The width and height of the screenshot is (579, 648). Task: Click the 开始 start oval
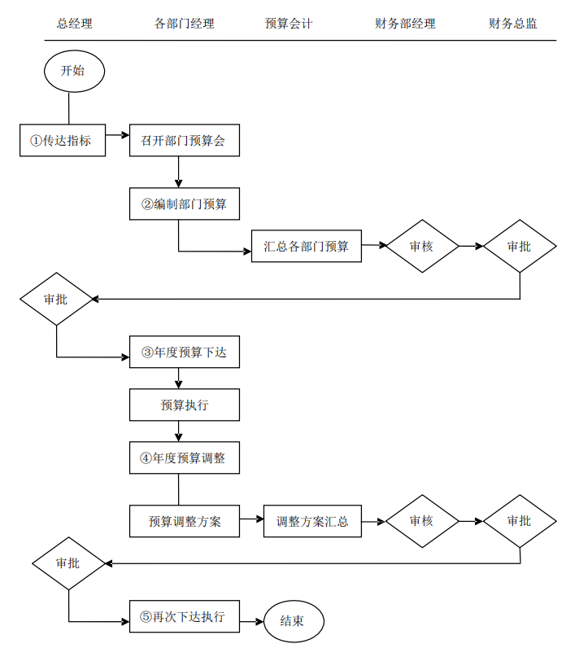pyautogui.click(x=74, y=71)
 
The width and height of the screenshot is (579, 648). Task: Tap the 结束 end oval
pyautogui.click(x=293, y=621)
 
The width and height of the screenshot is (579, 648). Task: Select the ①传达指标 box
pyautogui.click(x=62, y=140)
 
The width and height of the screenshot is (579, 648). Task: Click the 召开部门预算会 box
pyautogui.click(x=184, y=140)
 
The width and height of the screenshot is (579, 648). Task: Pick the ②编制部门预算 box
pyautogui.click(x=184, y=204)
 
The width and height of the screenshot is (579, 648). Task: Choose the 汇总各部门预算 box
pyautogui.click(x=306, y=246)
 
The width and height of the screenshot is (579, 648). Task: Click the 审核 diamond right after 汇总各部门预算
pyautogui.click(x=421, y=246)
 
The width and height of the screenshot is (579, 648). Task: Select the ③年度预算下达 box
pyautogui.click(x=184, y=352)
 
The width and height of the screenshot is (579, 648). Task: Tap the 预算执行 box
pyautogui.click(x=184, y=405)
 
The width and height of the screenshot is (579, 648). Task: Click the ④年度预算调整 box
pyautogui.click(x=184, y=458)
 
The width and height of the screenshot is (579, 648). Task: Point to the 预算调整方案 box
pyautogui.click(x=185, y=521)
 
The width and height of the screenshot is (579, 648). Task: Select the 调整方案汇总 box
pyautogui.click(x=312, y=521)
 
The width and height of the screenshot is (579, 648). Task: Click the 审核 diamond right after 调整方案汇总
pyautogui.click(x=421, y=521)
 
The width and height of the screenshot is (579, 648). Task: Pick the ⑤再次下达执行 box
pyautogui.click(x=184, y=616)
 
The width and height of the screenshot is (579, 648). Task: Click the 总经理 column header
pyautogui.click(x=74, y=24)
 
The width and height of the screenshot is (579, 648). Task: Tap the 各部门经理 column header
pyautogui.click(x=184, y=24)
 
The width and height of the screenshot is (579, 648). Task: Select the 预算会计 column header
pyautogui.click(x=288, y=24)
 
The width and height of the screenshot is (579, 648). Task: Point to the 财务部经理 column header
pyautogui.click(x=405, y=24)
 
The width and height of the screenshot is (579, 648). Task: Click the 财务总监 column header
pyautogui.click(x=512, y=24)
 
